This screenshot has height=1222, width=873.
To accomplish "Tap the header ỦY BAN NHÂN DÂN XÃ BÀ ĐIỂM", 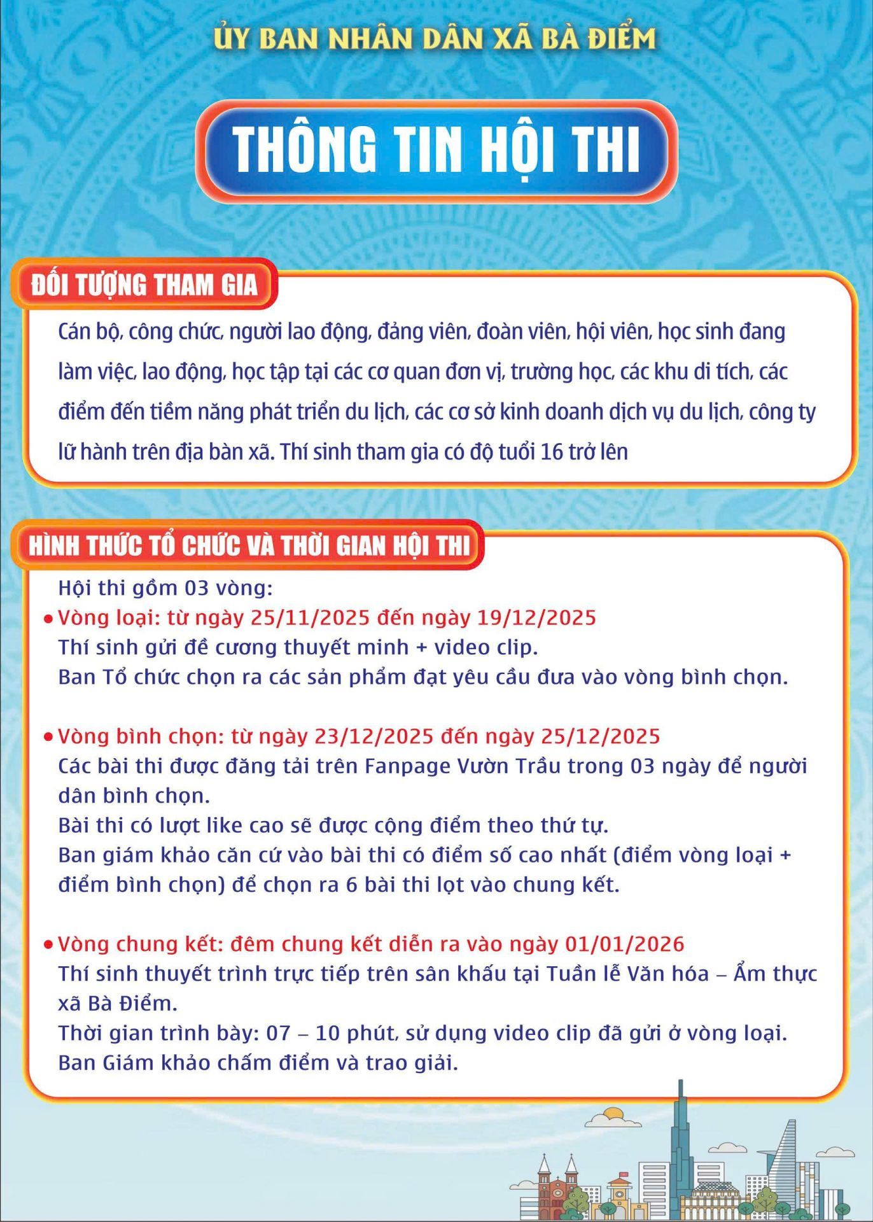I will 435,39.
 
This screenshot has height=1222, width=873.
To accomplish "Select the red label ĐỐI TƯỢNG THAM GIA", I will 144,284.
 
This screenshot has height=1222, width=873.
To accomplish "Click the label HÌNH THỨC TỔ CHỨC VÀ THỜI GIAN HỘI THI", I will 249,545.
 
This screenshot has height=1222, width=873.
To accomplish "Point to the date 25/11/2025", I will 311,617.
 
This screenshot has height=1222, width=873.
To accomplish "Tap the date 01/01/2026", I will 624,943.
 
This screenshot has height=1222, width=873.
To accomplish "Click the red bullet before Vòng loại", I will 48,619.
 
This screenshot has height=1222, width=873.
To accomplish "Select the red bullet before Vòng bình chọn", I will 48,737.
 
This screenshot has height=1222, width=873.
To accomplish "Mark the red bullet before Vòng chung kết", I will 48,945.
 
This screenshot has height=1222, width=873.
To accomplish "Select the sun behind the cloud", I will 613,1113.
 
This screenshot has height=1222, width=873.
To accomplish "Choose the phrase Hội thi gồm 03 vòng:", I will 165,587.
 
